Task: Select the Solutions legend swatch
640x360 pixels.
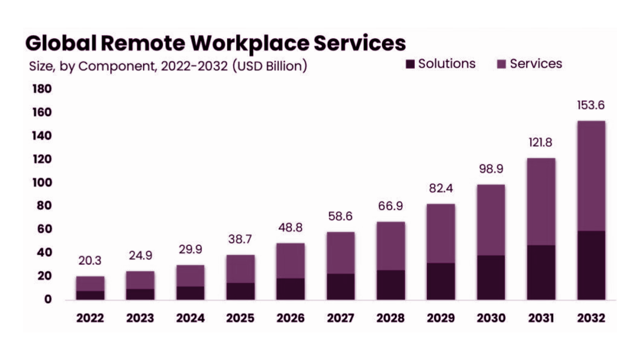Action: coord(410,64)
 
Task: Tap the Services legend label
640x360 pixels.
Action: coord(536,64)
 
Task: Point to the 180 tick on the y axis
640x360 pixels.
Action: coord(42,89)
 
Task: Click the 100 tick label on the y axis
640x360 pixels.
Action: coord(42,182)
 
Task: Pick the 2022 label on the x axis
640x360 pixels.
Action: coord(90,318)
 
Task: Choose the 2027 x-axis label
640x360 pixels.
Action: coord(340,318)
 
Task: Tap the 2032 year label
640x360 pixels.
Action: coord(591,318)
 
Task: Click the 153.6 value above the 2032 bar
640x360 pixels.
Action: coord(591,105)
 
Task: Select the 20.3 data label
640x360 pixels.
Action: coord(90,260)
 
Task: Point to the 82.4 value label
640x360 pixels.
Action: coord(441,188)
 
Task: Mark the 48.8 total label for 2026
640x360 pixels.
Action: coord(290,227)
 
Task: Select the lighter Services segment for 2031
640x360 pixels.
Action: coord(541,202)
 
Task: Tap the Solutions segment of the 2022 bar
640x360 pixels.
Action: coord(90,295)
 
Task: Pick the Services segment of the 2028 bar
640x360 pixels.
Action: coord(390,246)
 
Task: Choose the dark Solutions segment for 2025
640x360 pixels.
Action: coord(240,291)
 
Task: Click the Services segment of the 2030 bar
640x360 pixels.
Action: coord(491,220)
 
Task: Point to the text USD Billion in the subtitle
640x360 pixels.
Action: coord(270,66)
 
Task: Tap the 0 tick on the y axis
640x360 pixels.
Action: coord(48,299)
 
